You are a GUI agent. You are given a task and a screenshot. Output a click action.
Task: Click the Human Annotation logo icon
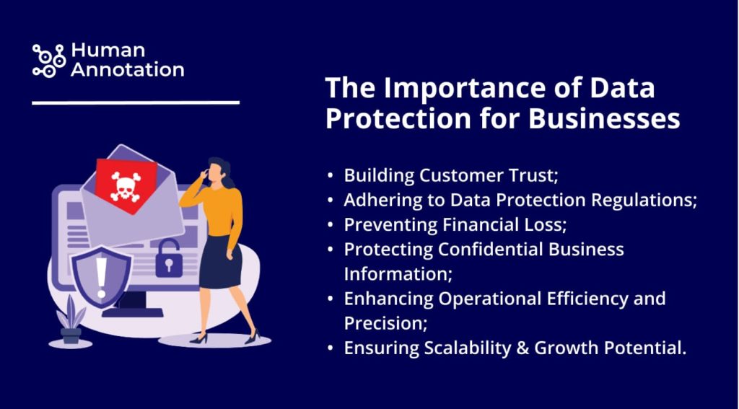pos(49,61)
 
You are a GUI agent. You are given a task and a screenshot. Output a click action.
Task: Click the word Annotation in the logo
pos(128,70)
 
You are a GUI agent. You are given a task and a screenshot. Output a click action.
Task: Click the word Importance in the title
pos(437,89)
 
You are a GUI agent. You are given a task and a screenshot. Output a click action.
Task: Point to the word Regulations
pos(644,201)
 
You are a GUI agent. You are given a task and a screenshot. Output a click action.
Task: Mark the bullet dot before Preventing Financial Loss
pos(331,226)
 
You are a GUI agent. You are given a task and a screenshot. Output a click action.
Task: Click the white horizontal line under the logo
pos(136,102)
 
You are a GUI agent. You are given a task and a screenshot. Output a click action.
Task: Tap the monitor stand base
pos(133,312)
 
